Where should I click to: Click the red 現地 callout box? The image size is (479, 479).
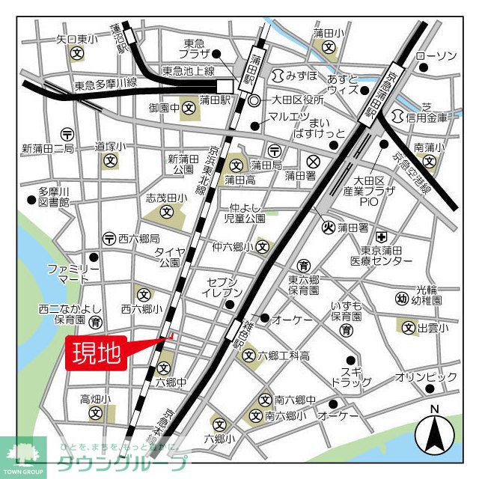(x=98, y=353)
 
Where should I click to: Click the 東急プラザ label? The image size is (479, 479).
(x=195, y=49)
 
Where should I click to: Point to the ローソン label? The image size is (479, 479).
(x=436, y=56)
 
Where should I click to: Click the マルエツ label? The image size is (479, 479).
(x=289, y=116)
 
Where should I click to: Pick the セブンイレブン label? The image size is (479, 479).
(x=223, y=287)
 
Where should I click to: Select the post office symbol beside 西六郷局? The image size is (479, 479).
(x=109, y=238)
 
